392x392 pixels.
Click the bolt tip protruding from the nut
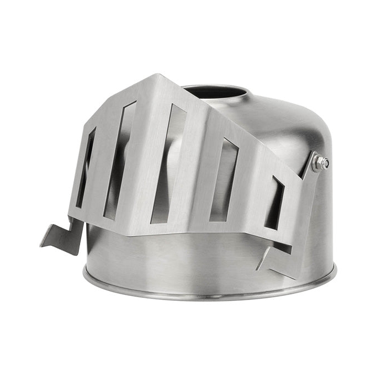tap(326, 163)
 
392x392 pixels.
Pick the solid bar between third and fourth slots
tap(196, 171)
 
